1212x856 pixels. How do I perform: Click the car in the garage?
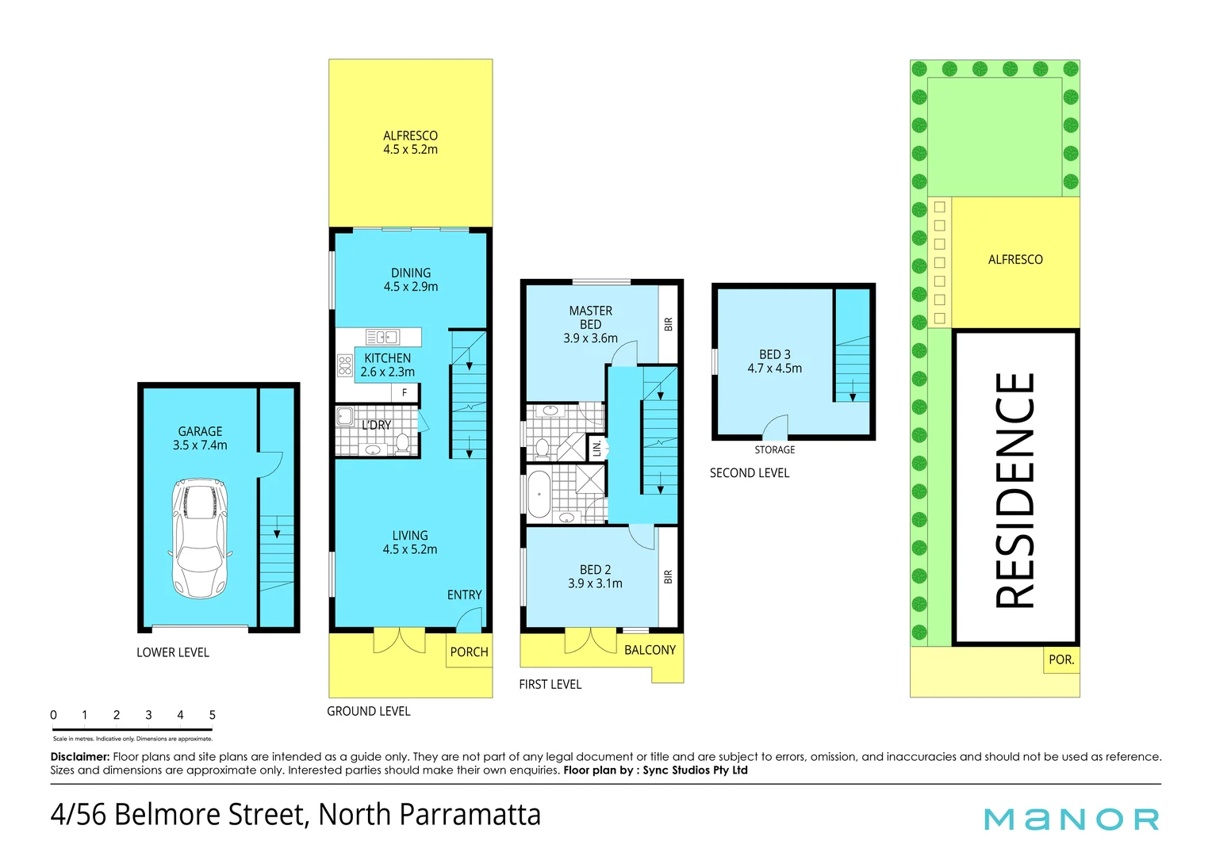coord(200,538)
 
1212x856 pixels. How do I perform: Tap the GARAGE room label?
coord(200,432)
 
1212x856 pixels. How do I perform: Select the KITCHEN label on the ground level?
coord(387,358)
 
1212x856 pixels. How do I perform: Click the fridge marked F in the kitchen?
coord(405,392)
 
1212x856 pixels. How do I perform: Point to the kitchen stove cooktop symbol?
coord(344,365)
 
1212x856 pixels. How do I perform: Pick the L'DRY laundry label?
coord(376,425)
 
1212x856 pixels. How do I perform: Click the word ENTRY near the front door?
coord(464,594)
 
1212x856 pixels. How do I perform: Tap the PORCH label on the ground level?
coord(469,652)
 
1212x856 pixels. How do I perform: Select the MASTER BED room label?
coord(590,317)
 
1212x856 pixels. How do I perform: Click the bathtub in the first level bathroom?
coord(539,495)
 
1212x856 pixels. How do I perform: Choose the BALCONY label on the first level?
coord(650,650)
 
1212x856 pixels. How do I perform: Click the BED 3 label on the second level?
coord(774,354)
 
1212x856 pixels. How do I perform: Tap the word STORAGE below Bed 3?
coord(774,449)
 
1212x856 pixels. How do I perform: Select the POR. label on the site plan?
coord(1060,659)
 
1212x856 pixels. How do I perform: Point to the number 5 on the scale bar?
coord(212,715)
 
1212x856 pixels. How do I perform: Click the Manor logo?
coord(1071,819)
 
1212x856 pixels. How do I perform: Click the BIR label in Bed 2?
coord(668,577)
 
